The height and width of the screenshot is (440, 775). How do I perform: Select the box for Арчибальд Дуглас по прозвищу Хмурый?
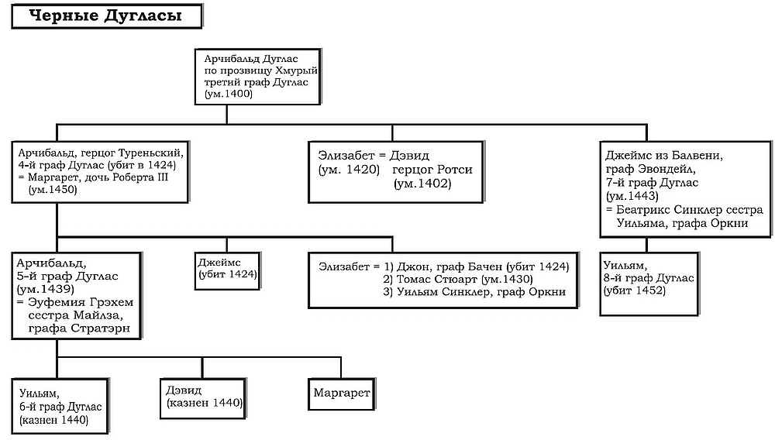tap(257, 76)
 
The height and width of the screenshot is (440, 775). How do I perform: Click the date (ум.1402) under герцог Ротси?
tap(422, 183)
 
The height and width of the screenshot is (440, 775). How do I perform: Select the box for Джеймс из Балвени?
tap(686, 188)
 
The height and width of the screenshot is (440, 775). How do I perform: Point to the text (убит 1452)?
tap(635, 290)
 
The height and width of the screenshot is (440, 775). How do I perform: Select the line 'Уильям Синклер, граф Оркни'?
tap(474, 291)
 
